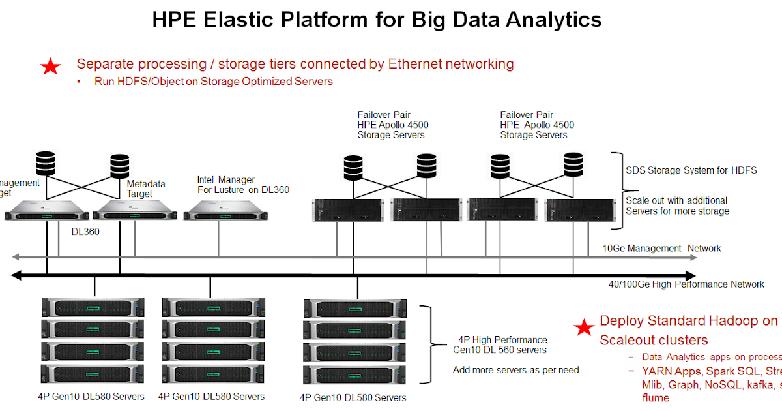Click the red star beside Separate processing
50,66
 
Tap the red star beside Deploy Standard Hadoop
584,328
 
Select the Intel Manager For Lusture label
243,185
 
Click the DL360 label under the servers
85,231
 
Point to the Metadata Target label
146,189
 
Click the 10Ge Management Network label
661,249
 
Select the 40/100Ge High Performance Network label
686,284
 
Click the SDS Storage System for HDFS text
691,170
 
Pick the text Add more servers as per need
515,370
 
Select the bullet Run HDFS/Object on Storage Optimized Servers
214,82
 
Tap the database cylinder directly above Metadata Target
120,166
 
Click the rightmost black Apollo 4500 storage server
579,210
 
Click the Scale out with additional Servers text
677,205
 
